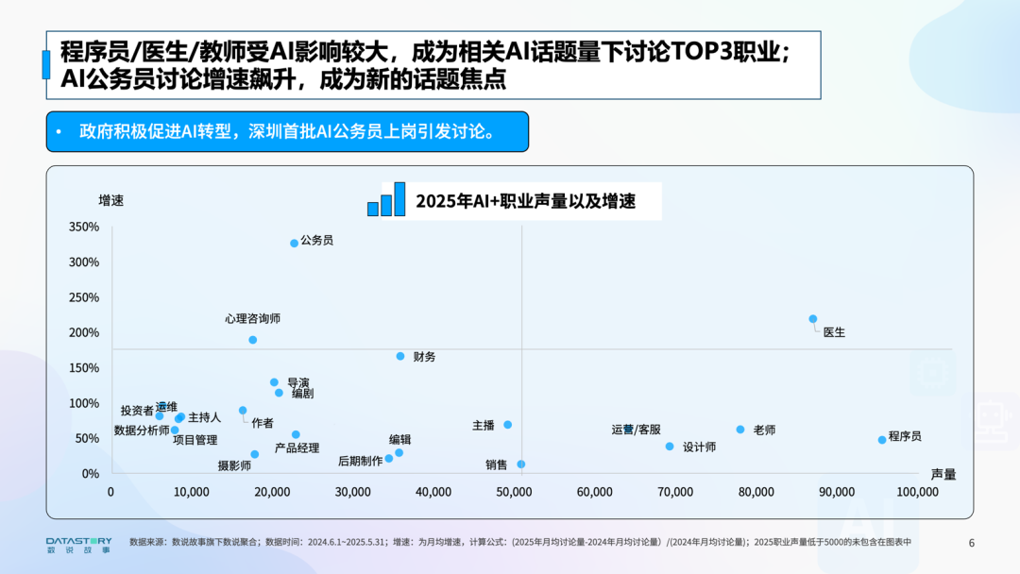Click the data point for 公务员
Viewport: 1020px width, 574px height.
pyautogui.click(x=294, y=243)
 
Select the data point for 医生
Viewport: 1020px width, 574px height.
pyautogui.click(x=812, y=319)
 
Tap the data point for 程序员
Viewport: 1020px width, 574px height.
pyautogui.click(x=882, y=440)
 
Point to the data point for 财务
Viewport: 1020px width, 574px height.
pyautogui.click(x=400, y=356)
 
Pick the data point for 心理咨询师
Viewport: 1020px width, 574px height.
pyautogui.click(x=252, y=340)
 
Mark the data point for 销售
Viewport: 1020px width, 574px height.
pyautogui.click(x=520, y=464)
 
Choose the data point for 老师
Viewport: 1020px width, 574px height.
pyautogui.click(x=740, y=430)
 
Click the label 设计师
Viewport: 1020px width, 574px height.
pyautogui.click(x=699, y=447)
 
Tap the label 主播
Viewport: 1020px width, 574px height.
pyautogui.click(x=484, y=426)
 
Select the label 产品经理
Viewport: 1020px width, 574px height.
pyautogui.click(x=297, y=448)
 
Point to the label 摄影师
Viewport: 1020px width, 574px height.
pyautogui.click(x=234, y=465)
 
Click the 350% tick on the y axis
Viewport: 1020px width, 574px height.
pyautogui.click(x=84, y=227)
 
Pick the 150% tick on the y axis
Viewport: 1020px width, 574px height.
pyautogui.click(x=84, y=368)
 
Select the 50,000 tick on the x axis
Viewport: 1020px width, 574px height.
pyautogui.click(x=514, y=492)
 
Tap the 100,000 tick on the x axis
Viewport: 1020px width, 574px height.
pyautogui.click(x=917, y=492)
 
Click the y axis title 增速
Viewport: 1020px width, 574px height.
pyautogui.click(x=111, y=200)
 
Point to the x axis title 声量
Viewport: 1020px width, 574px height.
pyautogui.click(x=943, y=474)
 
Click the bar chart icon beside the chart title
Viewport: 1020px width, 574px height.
pyautogui.click(x=386, y=199)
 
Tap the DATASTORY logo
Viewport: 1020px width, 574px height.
pyautogui.click(x=78, y=543)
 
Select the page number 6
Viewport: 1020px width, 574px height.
pyautogui.click(x=972, y=543)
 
